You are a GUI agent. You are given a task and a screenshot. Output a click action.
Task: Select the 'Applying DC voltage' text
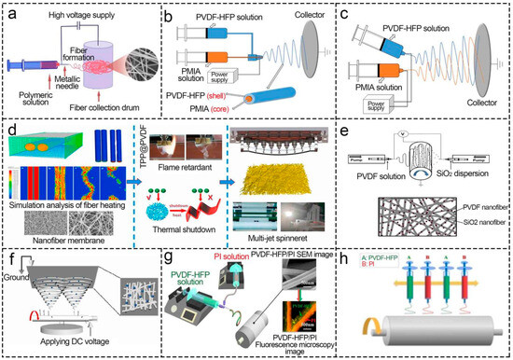tap(68, 347)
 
